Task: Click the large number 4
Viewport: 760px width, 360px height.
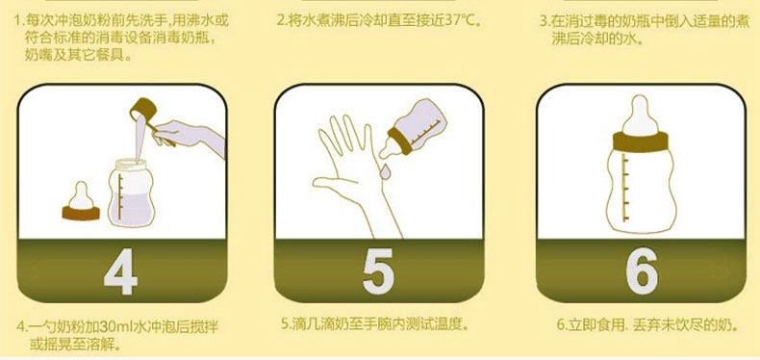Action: tap(121, 271)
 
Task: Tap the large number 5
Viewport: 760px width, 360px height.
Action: tap(378, 271)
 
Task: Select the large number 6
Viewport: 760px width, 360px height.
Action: tap(641, 271)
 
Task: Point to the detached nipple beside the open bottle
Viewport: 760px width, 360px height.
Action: tap(81, 202)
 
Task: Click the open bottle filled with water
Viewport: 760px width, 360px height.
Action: tap(131, 193)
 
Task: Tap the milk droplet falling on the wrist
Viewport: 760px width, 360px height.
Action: tap(387, 170)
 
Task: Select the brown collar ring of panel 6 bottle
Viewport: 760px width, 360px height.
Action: tap(641, 141)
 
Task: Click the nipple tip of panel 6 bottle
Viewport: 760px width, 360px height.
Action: tap(641, 101)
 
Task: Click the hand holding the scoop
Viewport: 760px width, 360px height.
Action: tap(189, 136)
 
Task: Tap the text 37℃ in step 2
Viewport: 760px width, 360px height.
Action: tap(461, 21)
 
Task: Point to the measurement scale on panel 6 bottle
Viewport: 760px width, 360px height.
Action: tap(625, 189)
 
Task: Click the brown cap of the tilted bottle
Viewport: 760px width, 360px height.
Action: tap(400, 141)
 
